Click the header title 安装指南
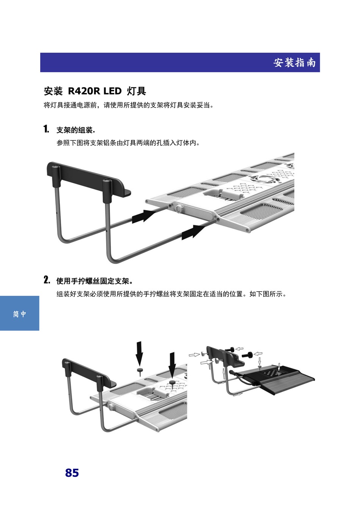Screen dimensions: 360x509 (294, 62)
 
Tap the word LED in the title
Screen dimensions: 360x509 (113, 91)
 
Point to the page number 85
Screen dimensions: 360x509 (72, 473)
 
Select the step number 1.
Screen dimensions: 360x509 (46, 129)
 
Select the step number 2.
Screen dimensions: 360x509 (47, 280)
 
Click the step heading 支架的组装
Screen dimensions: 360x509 (75, 130)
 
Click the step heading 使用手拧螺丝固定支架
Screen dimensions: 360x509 (94, 281)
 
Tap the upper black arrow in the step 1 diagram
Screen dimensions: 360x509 (144, 216)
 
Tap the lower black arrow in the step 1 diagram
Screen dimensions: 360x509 (193, 232)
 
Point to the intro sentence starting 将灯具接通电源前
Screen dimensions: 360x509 (129, 105)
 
